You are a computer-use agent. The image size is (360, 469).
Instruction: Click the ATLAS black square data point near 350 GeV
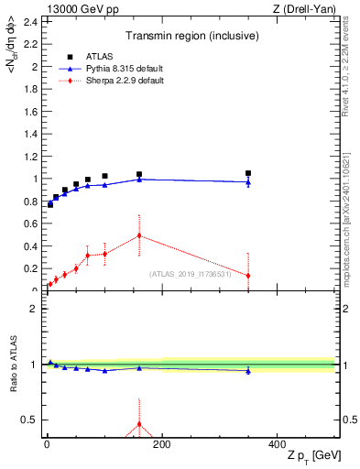tap(248, 173)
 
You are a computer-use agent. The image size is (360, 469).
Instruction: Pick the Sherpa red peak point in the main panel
tap(139, 235)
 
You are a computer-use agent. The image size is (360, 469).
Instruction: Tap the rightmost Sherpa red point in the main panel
tap(248, 276)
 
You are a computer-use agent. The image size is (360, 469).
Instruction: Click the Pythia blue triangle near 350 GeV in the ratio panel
tap(248, 370)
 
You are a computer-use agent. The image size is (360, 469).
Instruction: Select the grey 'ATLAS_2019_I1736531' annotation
tap(191, 275)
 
